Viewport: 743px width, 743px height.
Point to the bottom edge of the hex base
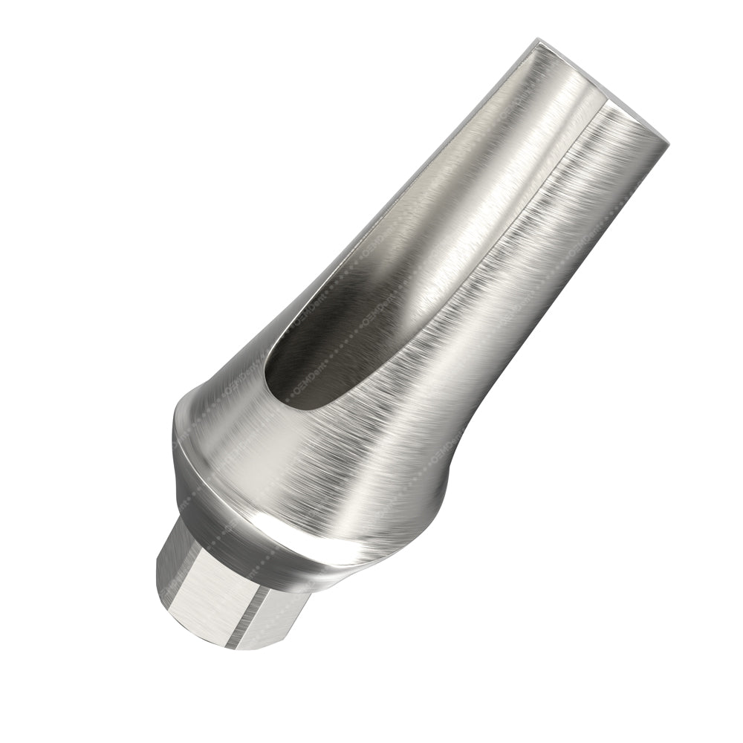tap(223, 645)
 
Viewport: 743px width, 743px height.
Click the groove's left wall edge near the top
tap(483, 111)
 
